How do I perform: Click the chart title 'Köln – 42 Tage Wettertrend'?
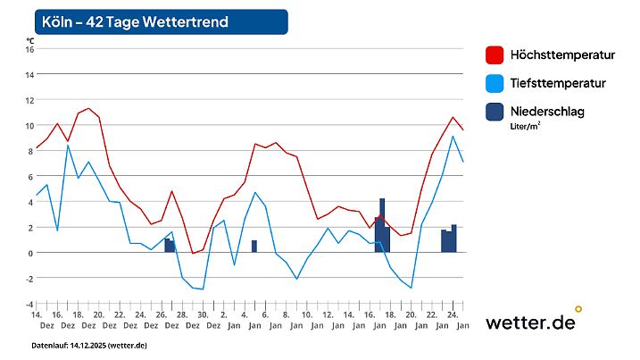(x=134, y=21)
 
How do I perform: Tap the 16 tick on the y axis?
(x=29, y=49)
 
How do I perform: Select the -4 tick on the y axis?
(x=29, y=304)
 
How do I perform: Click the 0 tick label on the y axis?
(x=30, y=253)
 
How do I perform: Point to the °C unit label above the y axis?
(x=30, y=40)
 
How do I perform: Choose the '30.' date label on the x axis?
(x=203, y=314)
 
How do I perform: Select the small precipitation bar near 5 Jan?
(x=254, y=246)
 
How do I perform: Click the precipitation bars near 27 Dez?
(x=169, y=245)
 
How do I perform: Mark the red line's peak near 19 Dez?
(x=88, y=108)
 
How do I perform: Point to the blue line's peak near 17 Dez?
(x=68, y=146)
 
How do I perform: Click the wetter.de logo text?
(x=530, y=322)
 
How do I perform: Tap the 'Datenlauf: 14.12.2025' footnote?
(x=89, y=345)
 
